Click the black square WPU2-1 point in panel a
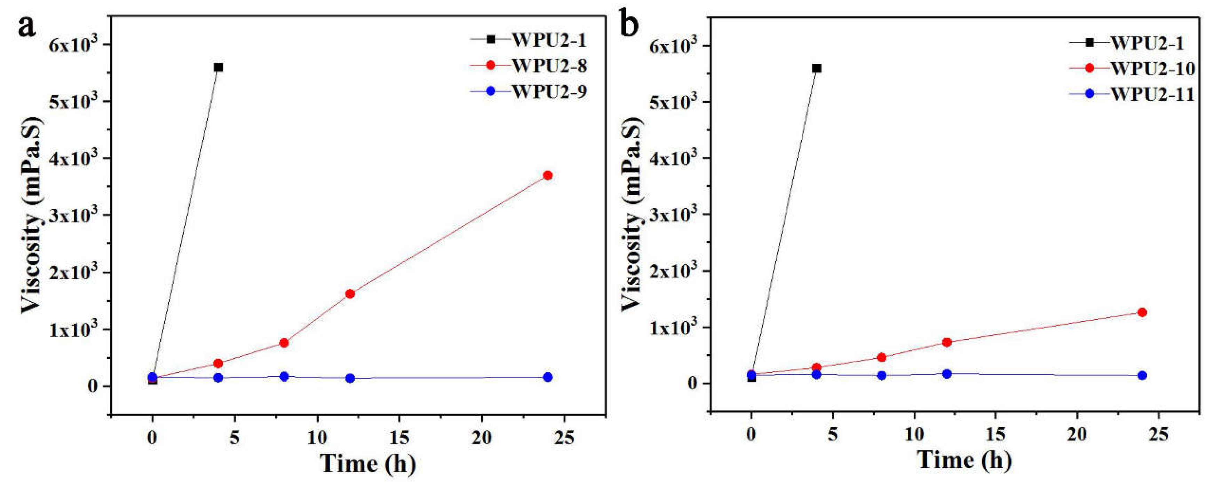[218, 68]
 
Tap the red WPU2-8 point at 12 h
[350, 294]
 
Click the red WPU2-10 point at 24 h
[1142, 312]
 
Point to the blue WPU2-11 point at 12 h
[947, 374]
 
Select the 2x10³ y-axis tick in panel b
[673, 271]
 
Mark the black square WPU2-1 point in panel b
[816, 68]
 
